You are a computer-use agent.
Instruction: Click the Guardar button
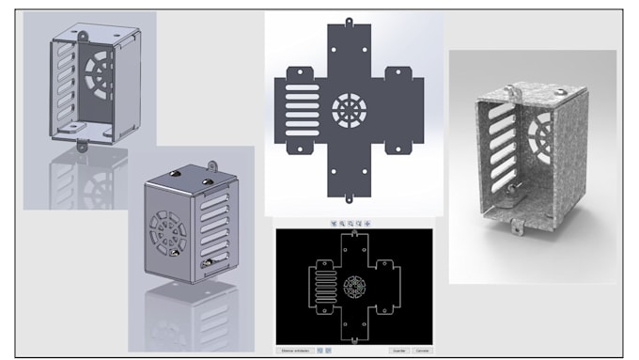point(398,350)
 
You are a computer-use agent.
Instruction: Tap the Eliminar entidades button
point(295,350)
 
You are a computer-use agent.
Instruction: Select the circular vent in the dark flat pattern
point(350,107)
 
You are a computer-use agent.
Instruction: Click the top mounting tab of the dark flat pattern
point(349,21)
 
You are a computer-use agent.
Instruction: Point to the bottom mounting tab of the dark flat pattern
point(349,196)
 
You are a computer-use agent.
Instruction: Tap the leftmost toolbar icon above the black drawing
point(333,223)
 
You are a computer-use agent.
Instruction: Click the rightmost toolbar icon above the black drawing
point(367,223)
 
